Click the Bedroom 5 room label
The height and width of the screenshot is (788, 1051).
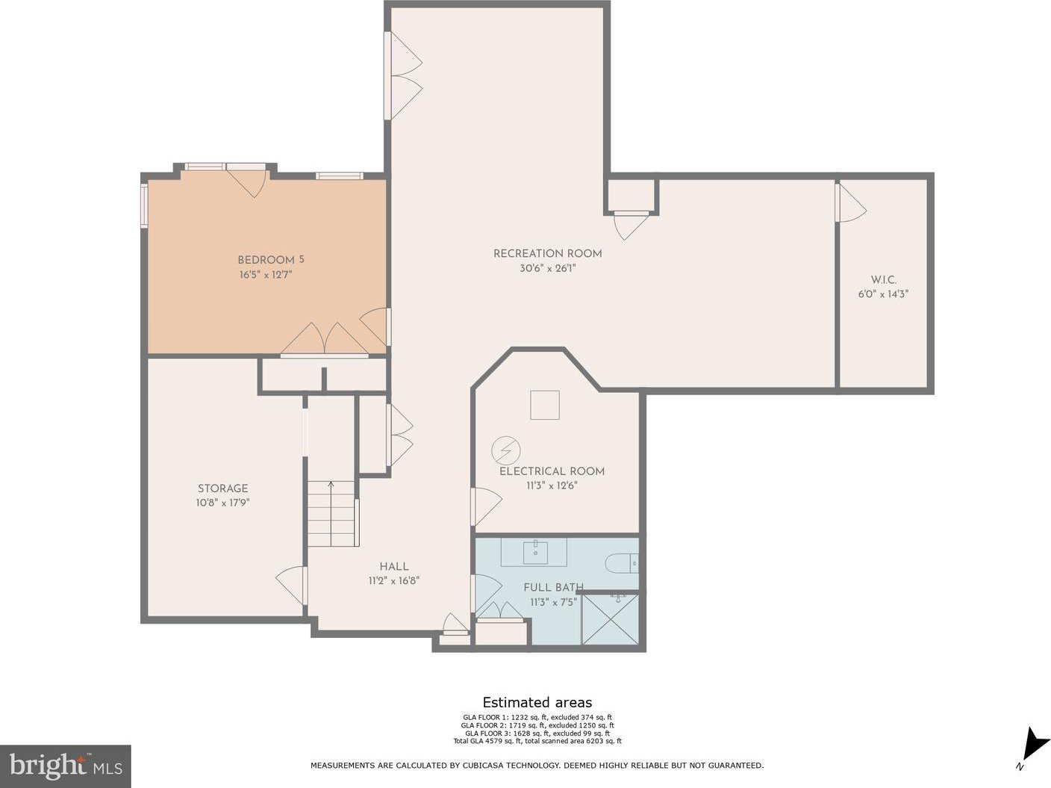coord(270,260)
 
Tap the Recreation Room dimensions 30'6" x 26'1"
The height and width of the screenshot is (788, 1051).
coord(548,269)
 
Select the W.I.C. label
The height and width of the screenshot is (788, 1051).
coord(883,280)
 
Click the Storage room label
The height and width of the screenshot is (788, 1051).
coord(223,488)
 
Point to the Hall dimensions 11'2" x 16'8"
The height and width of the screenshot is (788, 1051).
coord(394,581)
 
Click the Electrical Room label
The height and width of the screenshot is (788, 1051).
coord(552,471)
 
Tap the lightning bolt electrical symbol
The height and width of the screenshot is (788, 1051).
coord(506,450)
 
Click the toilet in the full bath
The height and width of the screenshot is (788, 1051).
coord(622,563)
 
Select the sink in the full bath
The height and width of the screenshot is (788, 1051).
coord(535,552)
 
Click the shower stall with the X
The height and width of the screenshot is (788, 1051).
coord(610,620)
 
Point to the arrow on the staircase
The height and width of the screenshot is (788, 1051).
coord(331,514)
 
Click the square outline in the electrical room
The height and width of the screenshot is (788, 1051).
coord(545,406)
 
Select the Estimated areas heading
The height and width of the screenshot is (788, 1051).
coord(537,703)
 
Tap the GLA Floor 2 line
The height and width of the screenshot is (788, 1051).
coord(537,726)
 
